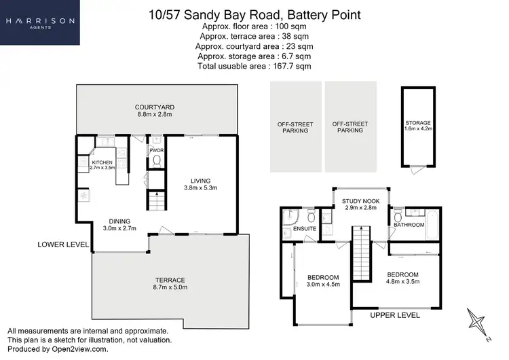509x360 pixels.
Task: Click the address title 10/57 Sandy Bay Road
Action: click(254, 14)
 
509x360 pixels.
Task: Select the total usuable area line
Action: click(254, 66)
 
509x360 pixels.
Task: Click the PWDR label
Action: click(155, 149)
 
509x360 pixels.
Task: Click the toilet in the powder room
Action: click(156, 161)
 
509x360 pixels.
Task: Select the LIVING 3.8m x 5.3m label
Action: click(200, 183)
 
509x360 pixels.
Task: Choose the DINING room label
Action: click(119, 224)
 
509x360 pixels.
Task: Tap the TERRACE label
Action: click(169, 284)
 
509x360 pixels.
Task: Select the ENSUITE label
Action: click(305, 230)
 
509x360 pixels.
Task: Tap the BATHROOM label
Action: click(409, 224)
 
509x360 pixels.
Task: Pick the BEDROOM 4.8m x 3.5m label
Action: click(402, 278)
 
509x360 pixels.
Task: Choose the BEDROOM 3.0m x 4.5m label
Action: click(322, 281)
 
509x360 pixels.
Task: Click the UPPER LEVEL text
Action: click(395, 315)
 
